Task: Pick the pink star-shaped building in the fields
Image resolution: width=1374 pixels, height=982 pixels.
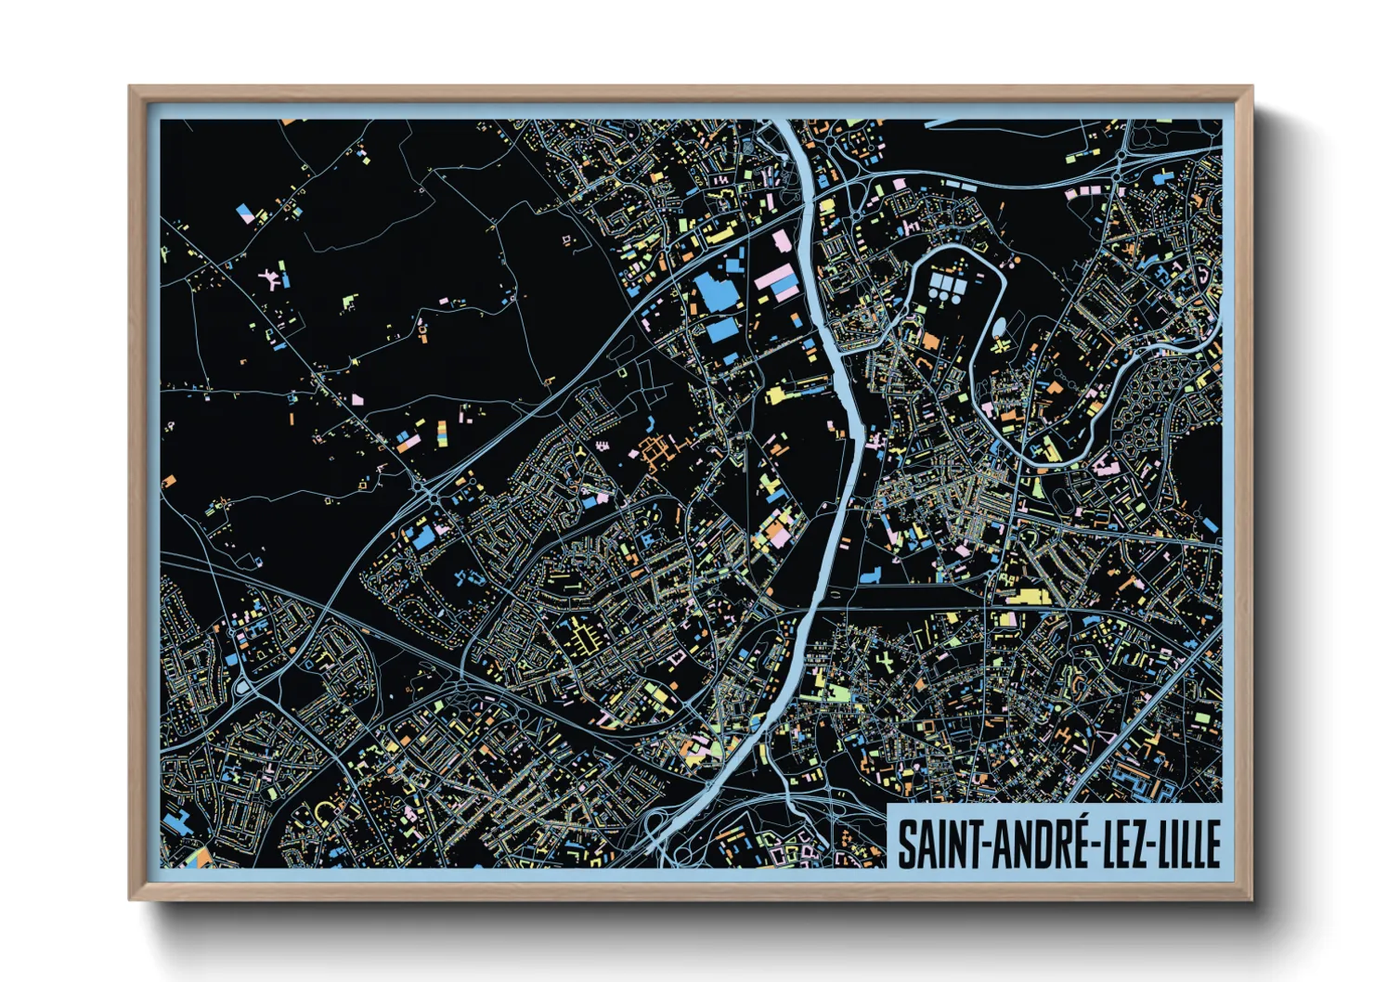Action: point(272,276)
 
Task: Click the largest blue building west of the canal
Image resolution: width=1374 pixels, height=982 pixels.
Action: point(716,293)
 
